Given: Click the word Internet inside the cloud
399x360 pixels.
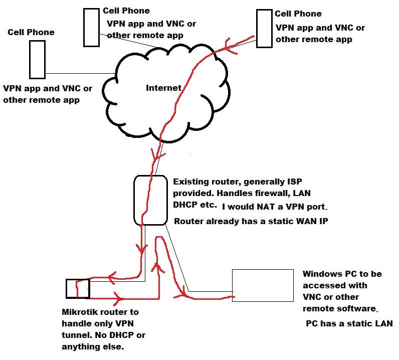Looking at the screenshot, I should coord(163,88).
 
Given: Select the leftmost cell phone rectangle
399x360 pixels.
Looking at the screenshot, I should coord(37,59).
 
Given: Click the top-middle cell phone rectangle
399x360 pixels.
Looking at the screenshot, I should coord(91,28).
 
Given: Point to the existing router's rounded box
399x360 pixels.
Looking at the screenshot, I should coord(149,200).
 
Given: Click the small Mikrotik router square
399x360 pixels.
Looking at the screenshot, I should coord(78,288).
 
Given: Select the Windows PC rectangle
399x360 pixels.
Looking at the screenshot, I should coord(263,285).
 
